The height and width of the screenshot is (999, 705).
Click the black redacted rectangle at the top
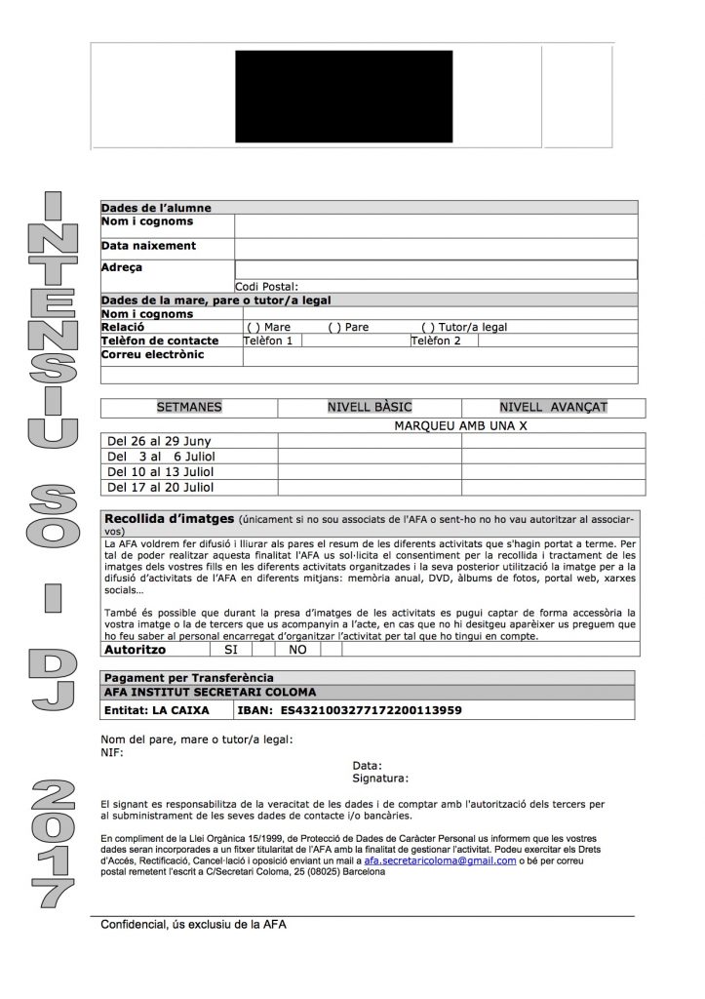342,98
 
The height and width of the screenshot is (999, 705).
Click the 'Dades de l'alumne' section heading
156,208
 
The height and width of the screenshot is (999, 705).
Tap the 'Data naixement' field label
148,246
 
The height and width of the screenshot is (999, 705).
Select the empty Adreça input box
435,270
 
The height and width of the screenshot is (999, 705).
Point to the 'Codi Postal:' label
265,287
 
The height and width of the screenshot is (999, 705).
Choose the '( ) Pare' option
348,328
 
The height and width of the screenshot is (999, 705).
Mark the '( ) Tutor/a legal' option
464,328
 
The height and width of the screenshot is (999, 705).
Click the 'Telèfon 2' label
435,341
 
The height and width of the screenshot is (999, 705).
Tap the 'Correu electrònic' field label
152,355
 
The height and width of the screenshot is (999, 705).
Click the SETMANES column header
189,406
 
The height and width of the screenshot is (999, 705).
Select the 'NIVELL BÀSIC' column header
369,406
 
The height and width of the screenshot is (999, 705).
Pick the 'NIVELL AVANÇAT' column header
553,406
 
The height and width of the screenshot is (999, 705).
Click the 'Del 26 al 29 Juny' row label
160,441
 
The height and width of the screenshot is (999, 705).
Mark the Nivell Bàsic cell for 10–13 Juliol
369,471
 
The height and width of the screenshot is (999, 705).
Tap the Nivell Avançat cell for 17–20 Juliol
553,487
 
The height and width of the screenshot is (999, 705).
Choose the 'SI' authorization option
231,649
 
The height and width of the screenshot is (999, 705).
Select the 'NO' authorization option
297,649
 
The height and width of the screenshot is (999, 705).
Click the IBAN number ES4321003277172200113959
371,710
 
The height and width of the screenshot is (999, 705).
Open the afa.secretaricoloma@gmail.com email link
440,861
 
